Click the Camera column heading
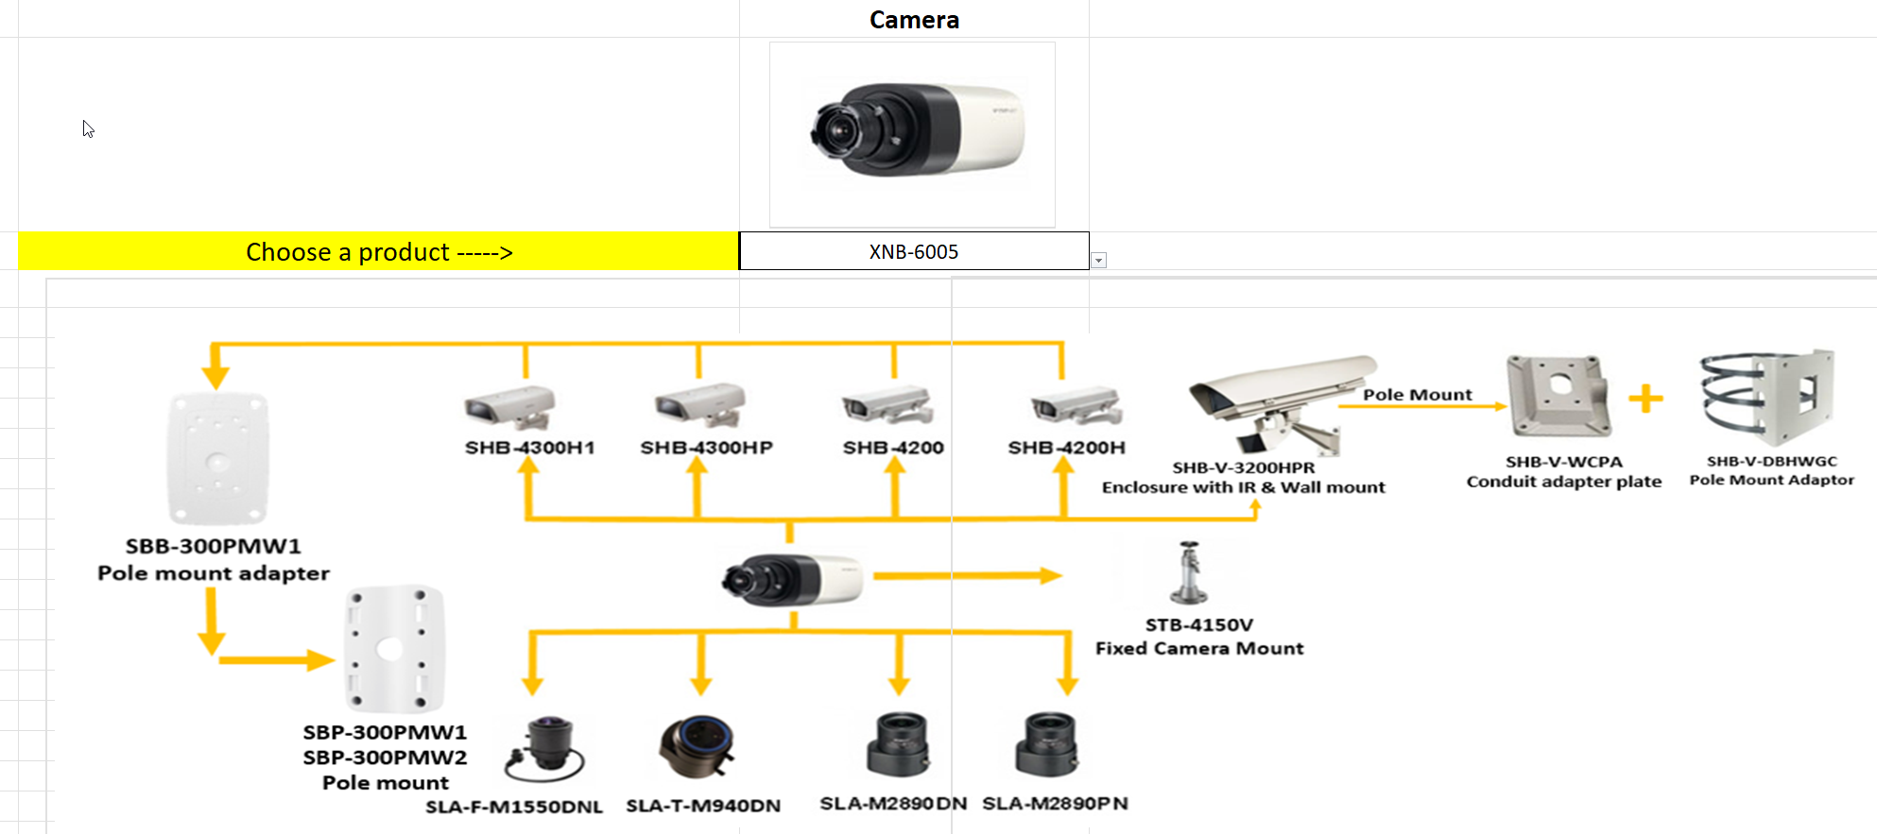pyautogui.click(x=914, y=20)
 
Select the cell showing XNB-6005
pyautogui.click(x=913, y=251)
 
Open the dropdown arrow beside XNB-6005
pyautogui.click(x=1098, y=261)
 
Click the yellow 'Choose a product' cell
pyautogui.click(x=378, y=251)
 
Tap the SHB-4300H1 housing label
pyautogui.click(x=529, y=448)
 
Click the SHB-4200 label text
pyautogui.click(x=893, y=448)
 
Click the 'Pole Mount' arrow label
pyautogui.click(x=1417, y=395)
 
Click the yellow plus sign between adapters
pyautogui.click(x=1645, y=398)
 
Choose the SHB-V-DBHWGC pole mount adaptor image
pyautogui.click(x=1767, y=396)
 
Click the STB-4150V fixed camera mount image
pyautogui.click(x=1188, y=572)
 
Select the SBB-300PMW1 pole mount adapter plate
pyautogui.click(x=217, y=458)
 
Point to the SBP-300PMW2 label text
pyautogui.click(x=385, y=757)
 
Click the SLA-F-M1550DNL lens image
pyautogui.click(x=544, y=749)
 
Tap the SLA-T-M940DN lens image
pyautogui.click(x=697, y=746)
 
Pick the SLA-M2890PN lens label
pyautogui.click(x=1055, y=804)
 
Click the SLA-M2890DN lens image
pyautogui.click(x=898, y=744)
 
